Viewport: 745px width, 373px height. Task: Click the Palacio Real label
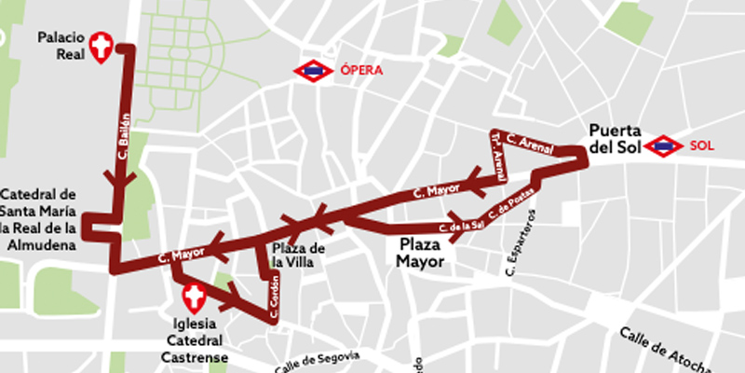61,46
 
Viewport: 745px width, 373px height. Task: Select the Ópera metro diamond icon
312,71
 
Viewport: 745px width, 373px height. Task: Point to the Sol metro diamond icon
664,145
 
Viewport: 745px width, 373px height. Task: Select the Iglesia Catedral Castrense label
195,340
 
